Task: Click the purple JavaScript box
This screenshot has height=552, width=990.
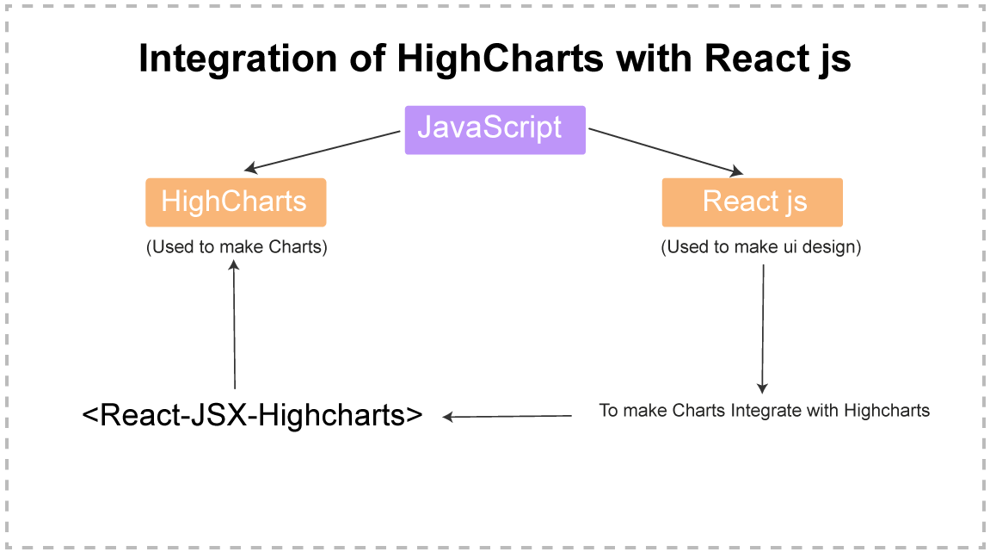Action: point(495,130)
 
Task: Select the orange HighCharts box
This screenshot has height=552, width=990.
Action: point(235,202)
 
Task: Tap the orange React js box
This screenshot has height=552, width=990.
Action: point(752,202)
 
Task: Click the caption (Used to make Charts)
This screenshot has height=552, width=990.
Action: point(237,247)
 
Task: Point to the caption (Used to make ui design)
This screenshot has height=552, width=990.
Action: point(760,247)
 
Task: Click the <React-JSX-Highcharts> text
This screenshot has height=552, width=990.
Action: point(253,415)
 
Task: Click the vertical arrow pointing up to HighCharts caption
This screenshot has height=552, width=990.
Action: point(234,327)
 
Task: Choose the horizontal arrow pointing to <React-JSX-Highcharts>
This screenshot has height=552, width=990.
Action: point(507,417)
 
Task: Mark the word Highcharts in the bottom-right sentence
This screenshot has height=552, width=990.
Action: point(887,411)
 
